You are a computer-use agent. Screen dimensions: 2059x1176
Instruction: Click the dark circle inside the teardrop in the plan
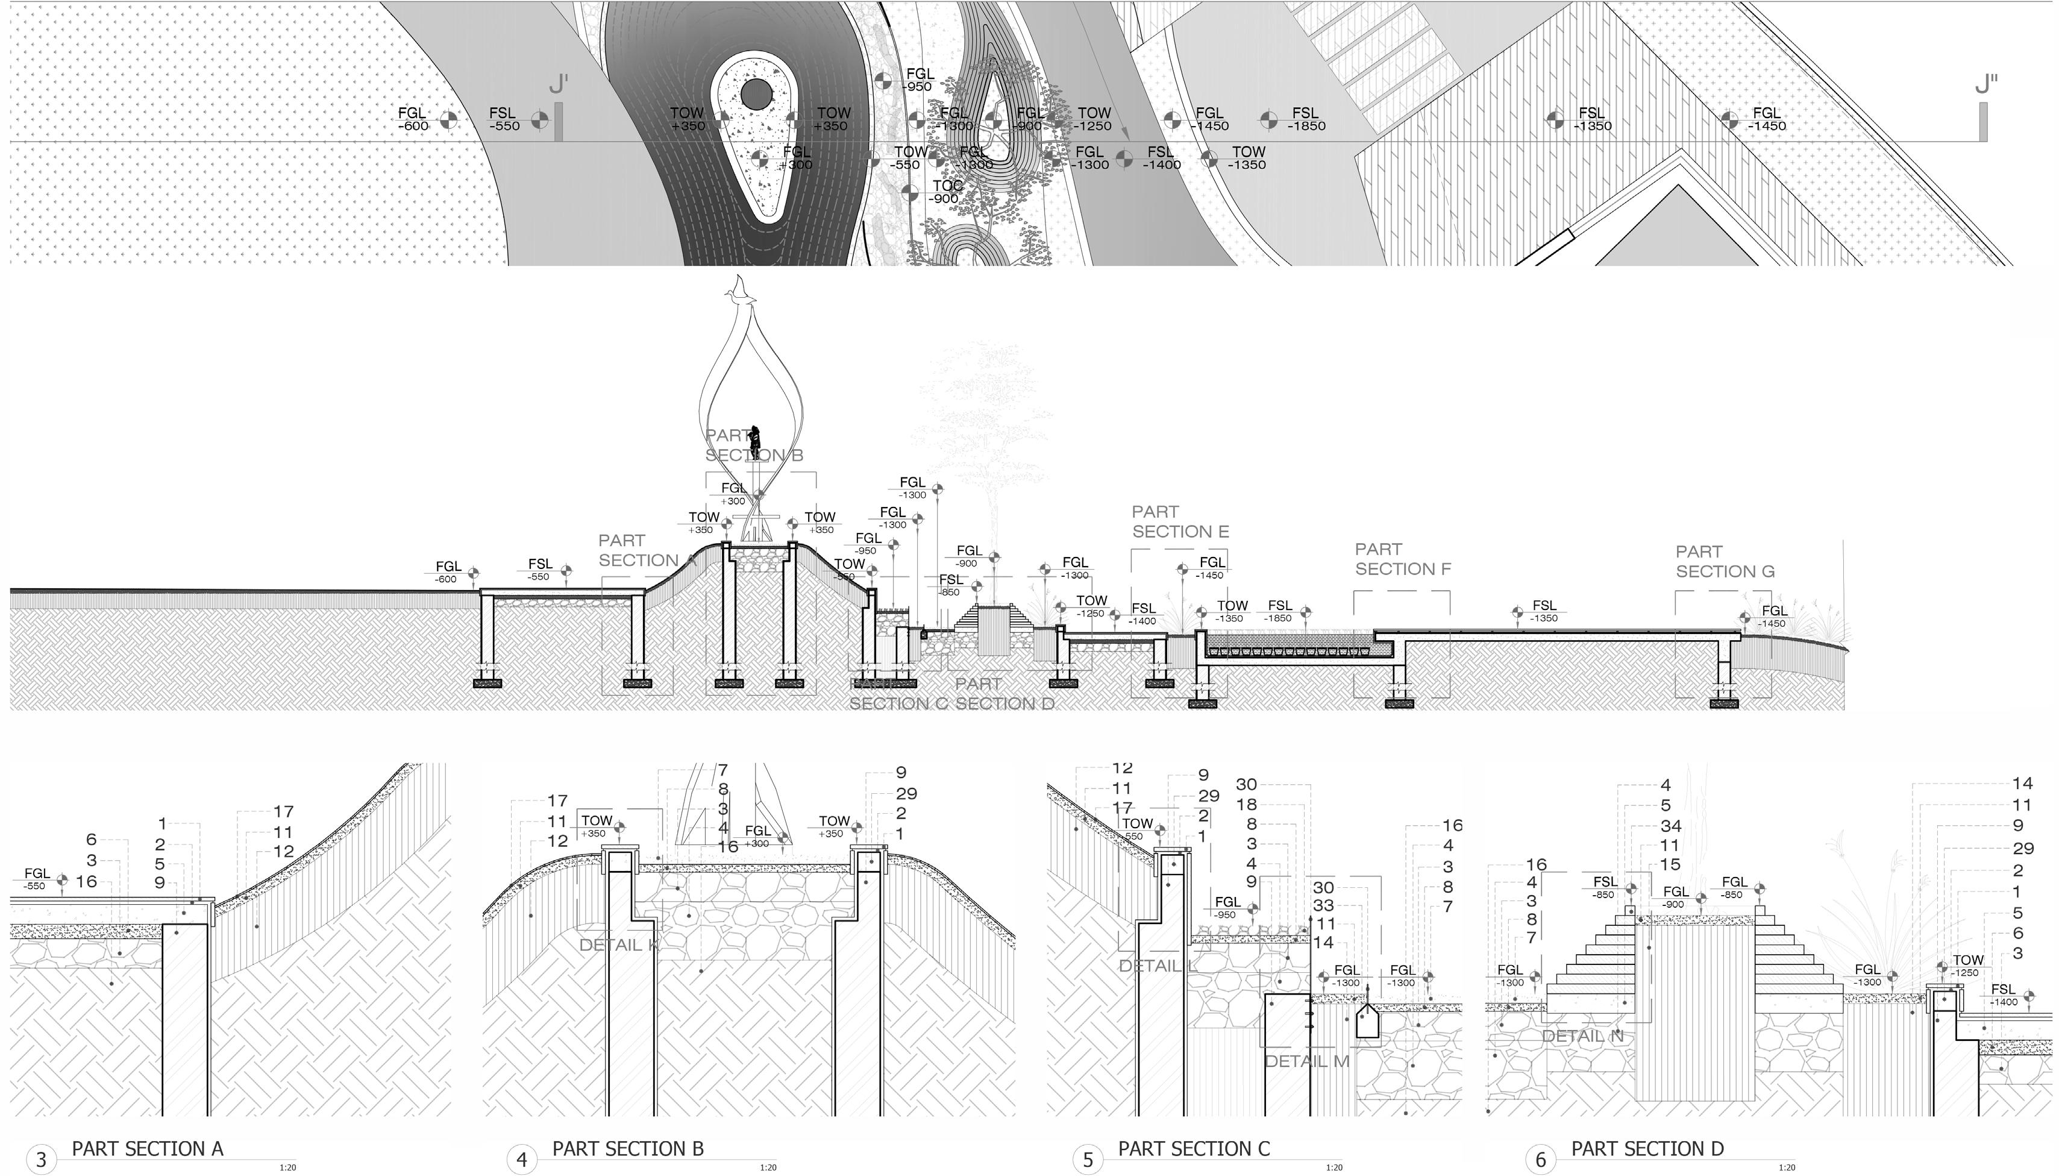click(756, 95)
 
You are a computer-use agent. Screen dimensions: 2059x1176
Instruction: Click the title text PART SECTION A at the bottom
click(147, 1148)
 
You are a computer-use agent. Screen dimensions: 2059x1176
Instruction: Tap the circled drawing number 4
click(522, 1160)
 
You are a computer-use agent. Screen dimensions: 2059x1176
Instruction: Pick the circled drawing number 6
click(1540, 1160)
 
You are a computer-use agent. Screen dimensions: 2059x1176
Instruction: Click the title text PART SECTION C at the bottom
click(1194, 1148)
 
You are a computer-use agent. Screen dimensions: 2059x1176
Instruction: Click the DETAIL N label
click(1582, 1036)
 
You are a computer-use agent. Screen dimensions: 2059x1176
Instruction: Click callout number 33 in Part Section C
click(1323, 905)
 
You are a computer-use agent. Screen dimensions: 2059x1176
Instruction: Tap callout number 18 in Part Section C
click(1247, 805)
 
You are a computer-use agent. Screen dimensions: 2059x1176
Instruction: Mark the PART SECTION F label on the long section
click(1403, 559)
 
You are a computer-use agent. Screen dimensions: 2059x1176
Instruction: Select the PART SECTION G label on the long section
click(1725, 561)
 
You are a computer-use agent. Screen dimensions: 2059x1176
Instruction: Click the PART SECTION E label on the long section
click(1180, 522)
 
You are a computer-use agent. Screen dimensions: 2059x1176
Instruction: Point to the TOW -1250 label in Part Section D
click(1967, 966)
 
